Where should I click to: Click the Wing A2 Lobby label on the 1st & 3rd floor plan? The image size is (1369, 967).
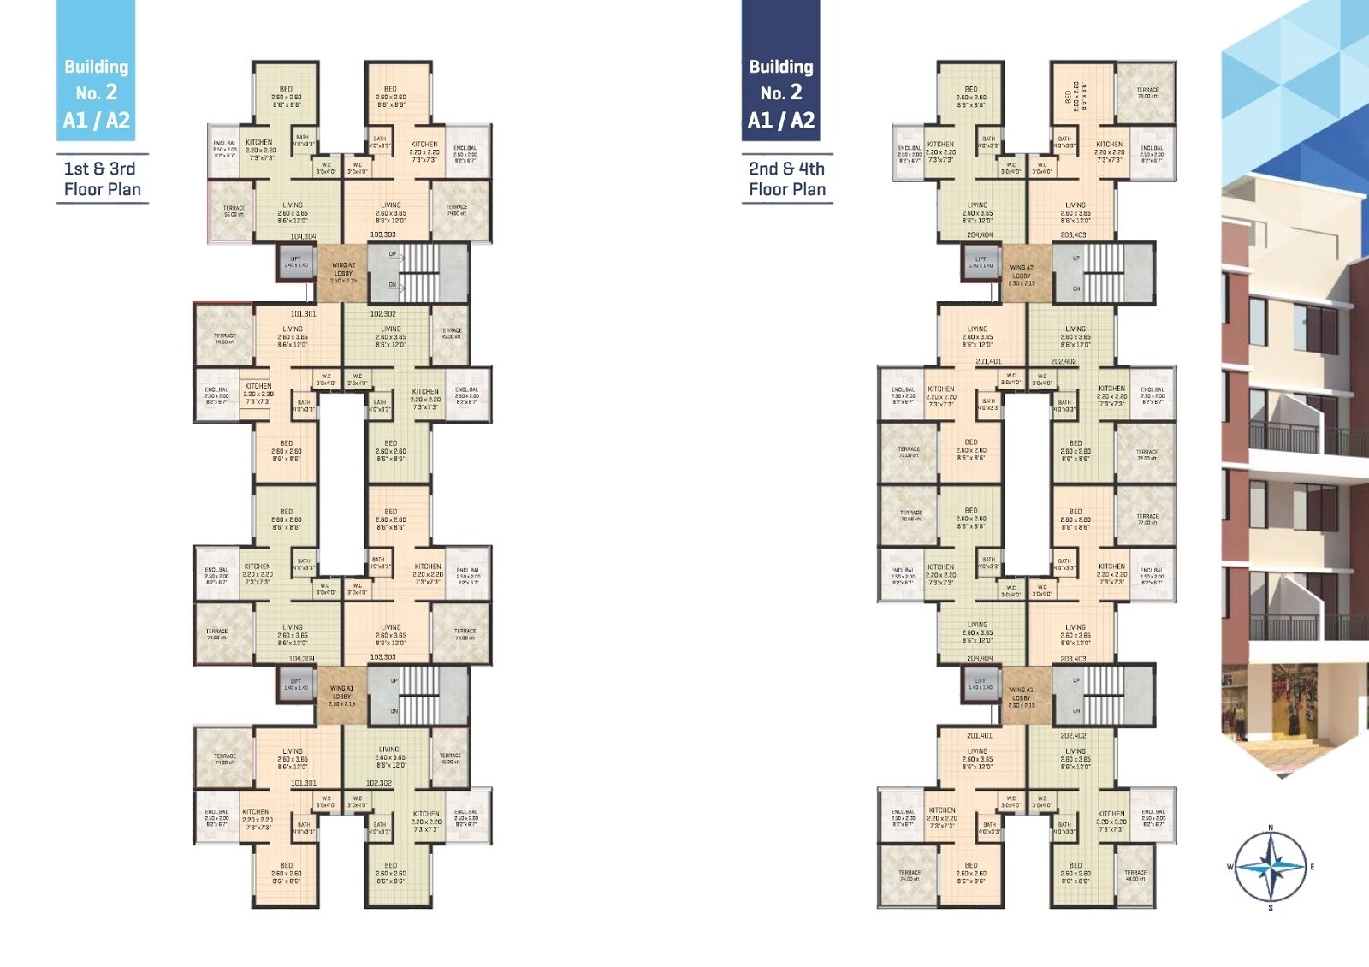coord(343,272)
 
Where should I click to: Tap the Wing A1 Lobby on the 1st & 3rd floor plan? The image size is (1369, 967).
coord(341,696)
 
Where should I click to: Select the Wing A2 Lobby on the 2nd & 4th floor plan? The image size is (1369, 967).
coord(1022,275)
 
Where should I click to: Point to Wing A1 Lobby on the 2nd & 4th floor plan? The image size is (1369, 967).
coord(1022,697)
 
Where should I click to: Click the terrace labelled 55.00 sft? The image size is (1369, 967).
coord(234,211)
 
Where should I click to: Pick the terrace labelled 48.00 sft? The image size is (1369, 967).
coord(1135,875)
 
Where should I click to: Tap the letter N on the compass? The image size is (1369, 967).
coord(1271,828)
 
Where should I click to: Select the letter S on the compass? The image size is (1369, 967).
coord(1271,907)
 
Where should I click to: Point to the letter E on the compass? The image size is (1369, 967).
coord(1312,867)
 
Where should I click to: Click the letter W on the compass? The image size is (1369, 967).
coord(1230,867)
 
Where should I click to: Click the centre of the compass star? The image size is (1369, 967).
coord(1271,867)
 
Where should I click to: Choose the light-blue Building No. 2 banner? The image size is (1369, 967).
coord(96,71)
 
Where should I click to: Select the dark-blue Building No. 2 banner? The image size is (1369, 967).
coord(780,71)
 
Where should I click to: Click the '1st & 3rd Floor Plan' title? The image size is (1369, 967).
coord(102,179)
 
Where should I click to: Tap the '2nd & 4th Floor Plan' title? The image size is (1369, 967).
coord(787,179)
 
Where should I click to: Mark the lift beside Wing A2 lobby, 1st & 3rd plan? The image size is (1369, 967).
coord(295,262)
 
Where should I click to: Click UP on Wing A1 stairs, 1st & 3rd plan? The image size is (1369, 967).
coord(394,681)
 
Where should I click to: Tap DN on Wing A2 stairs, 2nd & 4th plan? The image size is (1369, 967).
coord(1076,288)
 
